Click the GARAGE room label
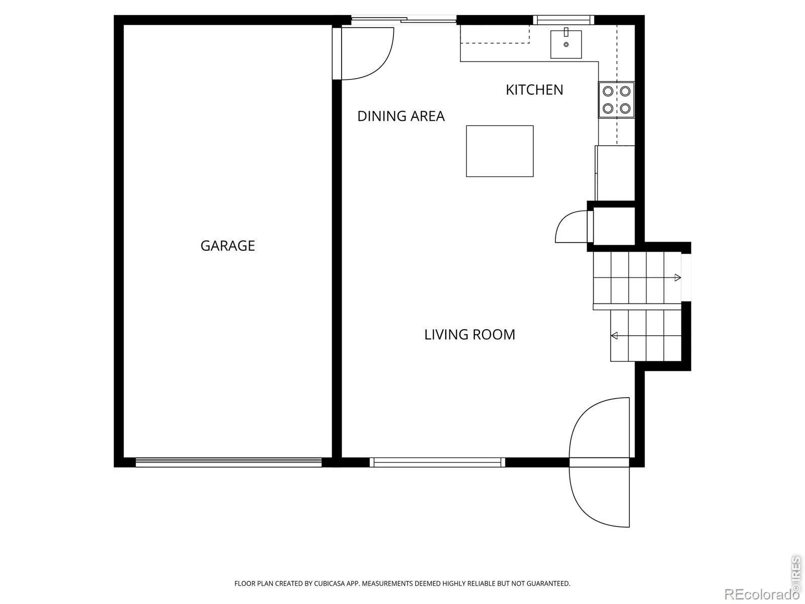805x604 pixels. point(227,245)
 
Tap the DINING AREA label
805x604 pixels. point(401,116)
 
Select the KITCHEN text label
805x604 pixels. point(534,90)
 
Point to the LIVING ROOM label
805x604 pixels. point(469,334)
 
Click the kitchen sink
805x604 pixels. point(566,44)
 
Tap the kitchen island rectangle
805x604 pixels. point(500,151)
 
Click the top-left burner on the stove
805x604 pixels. point(608,91)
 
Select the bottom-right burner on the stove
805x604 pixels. point(625,108)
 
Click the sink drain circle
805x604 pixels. point(566,44)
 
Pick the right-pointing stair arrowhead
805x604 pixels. point(678,278)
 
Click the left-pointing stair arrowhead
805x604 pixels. point(614,335)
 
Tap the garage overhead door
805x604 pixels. point(228,462)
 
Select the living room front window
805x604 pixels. point(437,462)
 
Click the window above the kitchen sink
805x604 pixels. point(563,20)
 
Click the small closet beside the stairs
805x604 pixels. point(614,225)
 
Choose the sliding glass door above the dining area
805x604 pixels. point(404,20)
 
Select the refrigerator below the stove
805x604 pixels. point(615,173)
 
